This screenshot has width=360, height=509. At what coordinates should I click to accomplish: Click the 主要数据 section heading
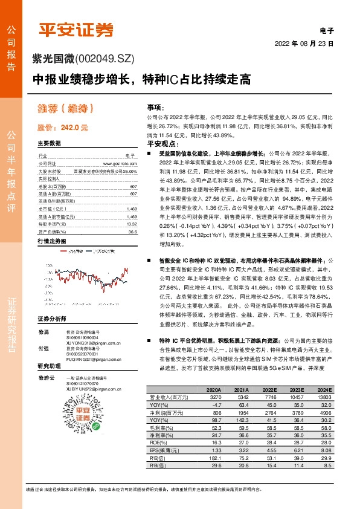tap(49, 144)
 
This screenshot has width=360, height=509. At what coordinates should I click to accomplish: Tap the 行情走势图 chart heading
tap(51, 241)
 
